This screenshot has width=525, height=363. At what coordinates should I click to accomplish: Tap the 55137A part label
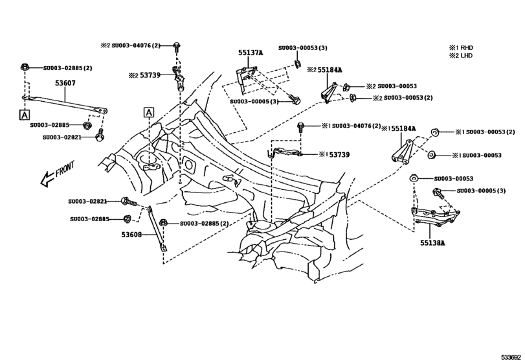click(x=251, y=53)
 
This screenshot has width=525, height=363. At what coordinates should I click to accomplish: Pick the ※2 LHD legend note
click(x=462, y=56)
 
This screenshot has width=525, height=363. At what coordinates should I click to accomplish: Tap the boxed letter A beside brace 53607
click(x=24, y=114)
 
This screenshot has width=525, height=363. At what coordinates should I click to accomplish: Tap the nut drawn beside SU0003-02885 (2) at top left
click(x=24, y=67)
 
